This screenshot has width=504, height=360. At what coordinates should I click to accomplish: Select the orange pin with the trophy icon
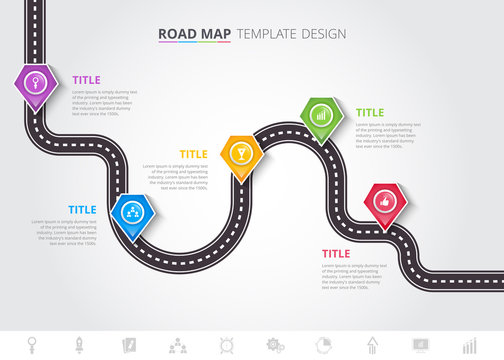click(239, 153)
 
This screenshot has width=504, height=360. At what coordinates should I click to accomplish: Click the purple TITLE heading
click(86, 80)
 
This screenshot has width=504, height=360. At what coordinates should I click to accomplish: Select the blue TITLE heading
click(82, 210)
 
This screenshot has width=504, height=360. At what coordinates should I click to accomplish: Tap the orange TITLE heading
click(193, 154)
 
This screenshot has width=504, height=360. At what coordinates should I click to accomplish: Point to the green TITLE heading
click(370, 113)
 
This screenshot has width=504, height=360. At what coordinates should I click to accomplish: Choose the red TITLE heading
click(335, 254)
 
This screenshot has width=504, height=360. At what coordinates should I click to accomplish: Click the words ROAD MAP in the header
click(194, 34)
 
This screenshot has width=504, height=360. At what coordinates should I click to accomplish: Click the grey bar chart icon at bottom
click(468, 345)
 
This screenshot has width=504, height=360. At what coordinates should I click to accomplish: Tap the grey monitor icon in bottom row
click(421, 345)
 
